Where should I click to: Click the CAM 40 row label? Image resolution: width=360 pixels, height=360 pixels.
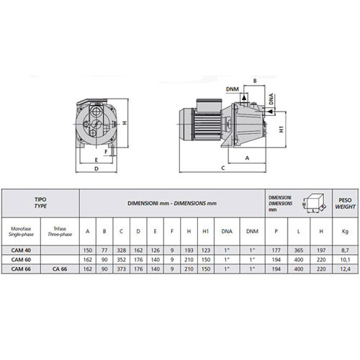[x=21, y=251]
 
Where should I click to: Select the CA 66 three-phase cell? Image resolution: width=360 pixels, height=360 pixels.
[x=60, y=269]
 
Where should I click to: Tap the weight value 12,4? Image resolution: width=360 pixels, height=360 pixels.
[x=345, y=269]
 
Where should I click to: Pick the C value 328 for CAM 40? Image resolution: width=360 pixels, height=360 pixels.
[x=122, y=251]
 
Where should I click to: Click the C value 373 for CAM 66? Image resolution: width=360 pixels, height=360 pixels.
[x=122, y=269]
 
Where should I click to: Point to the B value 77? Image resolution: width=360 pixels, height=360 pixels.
[x=104, y=251]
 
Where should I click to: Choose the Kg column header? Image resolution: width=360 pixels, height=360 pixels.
[x=345, y=231]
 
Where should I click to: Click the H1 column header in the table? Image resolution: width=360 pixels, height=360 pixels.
[x=206, y=231]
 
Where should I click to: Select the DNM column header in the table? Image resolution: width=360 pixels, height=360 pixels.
[x=252, y=231]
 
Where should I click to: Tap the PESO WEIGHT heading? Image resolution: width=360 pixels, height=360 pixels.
[x=345, y=203]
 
